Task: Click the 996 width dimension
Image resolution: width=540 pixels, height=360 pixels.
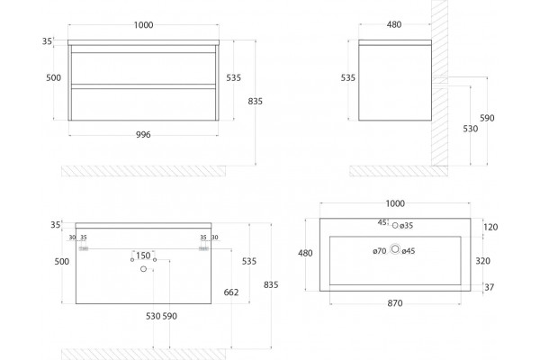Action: [x=143, y=135]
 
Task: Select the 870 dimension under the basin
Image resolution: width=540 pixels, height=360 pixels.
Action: [x=395, y=303]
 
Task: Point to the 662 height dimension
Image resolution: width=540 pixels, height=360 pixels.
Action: [x=231, y=292]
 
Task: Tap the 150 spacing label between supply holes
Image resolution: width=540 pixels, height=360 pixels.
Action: [x=143, y=256]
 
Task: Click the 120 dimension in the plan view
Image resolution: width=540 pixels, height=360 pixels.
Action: [x=490, y=227]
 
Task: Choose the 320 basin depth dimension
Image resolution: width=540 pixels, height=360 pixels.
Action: [x=482, y=261]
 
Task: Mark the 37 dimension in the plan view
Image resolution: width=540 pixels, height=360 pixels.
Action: [x=490, y=287]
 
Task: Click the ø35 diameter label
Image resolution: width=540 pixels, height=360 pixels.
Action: [x=407, y=226]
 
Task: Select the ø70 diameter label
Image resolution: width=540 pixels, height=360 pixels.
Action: [x=380, y=251]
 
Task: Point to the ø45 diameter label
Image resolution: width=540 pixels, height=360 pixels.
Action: [x=409, y=251]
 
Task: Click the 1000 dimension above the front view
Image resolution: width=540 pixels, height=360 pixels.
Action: [x=144, y=25]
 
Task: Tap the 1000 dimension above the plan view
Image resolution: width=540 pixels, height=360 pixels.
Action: [x=395, y=203]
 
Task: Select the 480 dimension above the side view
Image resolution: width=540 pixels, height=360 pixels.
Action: [x=394, y=24]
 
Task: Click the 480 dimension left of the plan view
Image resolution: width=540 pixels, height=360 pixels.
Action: [x=305, y=253]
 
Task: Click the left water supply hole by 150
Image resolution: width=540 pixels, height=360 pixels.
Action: [x=132, y=258]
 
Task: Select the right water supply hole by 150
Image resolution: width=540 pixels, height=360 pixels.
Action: [x=155, y=258]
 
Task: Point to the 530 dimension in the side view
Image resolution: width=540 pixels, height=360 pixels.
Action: [x=471, y=129]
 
